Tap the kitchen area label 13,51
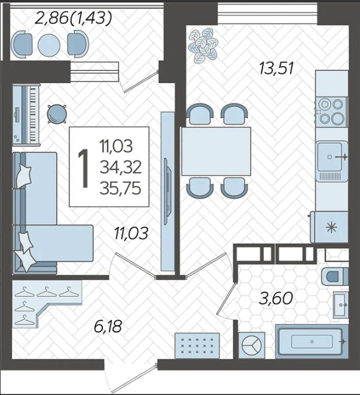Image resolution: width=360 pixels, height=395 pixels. (x=277, y=68)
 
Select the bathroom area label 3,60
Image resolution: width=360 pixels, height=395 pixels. (x=276, y=298)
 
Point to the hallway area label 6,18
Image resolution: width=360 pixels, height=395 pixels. (x=108, y=326)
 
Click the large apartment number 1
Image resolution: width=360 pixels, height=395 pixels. (x=83, y=168)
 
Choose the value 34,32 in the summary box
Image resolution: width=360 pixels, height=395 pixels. (x=121, y=167)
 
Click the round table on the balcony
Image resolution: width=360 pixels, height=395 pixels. (x=49, y=45)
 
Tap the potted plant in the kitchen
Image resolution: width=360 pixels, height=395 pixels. (x=203, y=45)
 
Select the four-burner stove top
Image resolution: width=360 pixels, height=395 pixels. (x=331, y=111)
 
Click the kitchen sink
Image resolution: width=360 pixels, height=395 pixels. (x=332, y=157)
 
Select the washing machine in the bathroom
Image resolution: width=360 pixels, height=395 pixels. (x=252, y=345)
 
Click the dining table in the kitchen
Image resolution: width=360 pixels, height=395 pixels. (x=216, y=151)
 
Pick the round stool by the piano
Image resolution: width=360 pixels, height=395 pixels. (x=57, y=114)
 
